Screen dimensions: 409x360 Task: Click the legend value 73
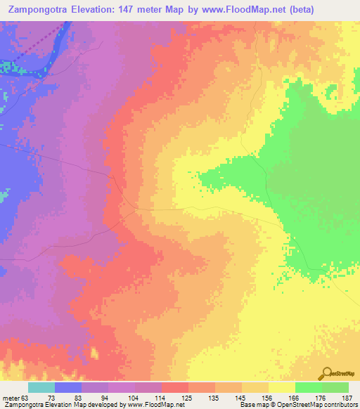51,397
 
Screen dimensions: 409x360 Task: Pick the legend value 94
105,397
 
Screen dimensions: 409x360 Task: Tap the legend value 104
132,397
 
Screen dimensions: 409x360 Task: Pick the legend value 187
346,397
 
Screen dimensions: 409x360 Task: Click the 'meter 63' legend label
15,397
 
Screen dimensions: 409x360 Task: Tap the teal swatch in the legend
41,387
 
